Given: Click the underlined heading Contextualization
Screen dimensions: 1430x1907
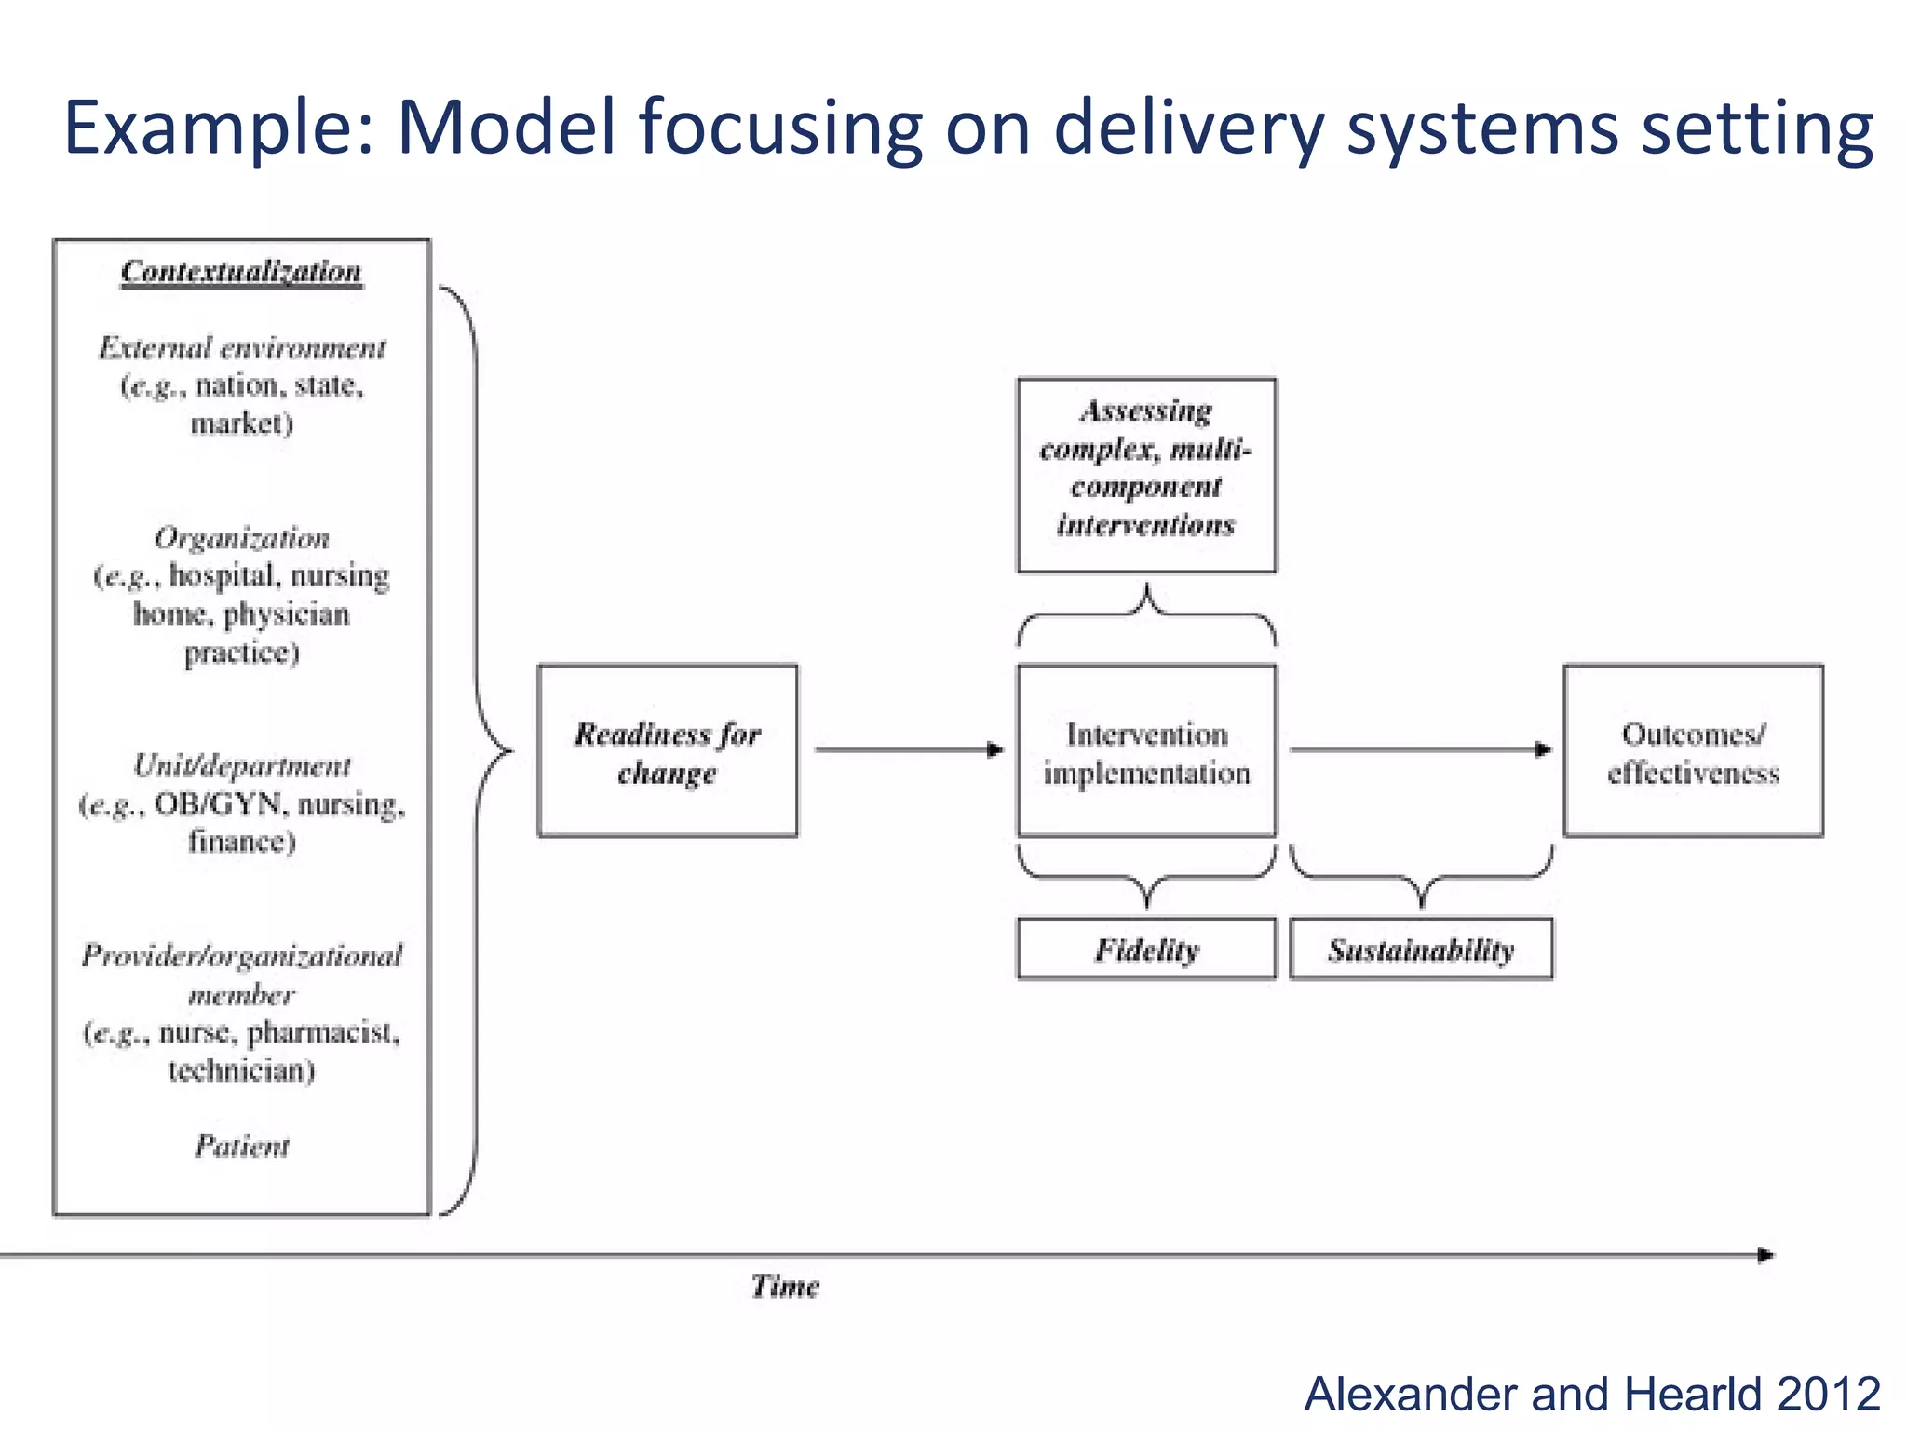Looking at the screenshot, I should click(x=241, y=272).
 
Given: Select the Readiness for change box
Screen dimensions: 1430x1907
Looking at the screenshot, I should click(x=668, y=751).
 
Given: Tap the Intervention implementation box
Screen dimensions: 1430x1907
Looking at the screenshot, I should click(x=1146, y=751).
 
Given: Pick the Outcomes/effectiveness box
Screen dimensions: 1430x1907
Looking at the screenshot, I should click(x=1693, y=751).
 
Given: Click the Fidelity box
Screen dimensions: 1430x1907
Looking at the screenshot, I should click(x=1146, y=950).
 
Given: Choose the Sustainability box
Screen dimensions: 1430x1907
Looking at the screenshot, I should click(x=1421, y=950).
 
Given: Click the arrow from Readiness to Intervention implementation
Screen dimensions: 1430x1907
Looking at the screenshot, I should click(x=908, y=749).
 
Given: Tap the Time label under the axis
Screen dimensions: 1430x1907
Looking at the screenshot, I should click(x=785, y=1287).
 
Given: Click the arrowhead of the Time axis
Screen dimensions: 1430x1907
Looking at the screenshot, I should click(x=1765, y=1255).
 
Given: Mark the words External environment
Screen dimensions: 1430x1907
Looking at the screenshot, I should click(x=241, y=348).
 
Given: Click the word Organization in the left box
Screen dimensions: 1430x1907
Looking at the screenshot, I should click(x=241, y=538).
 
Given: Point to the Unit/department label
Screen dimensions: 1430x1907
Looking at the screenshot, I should click(x=241, y=765).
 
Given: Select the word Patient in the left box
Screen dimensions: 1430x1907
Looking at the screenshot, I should click(x=241, y=1146).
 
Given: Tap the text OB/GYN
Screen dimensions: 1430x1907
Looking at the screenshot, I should click(x=217, y=803).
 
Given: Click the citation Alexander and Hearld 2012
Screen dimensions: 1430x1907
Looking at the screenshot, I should click(x=1591, y=1394).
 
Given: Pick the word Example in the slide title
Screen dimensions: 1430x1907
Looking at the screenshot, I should click(x=218, y=128).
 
